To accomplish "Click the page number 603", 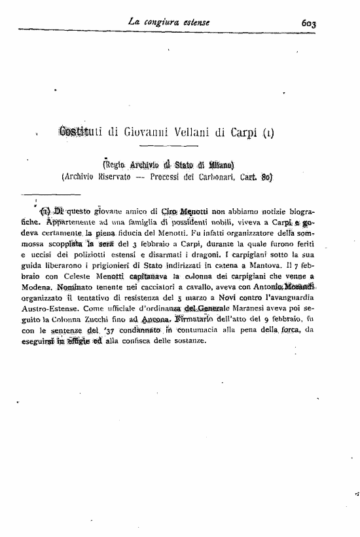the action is click(309, 24).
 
